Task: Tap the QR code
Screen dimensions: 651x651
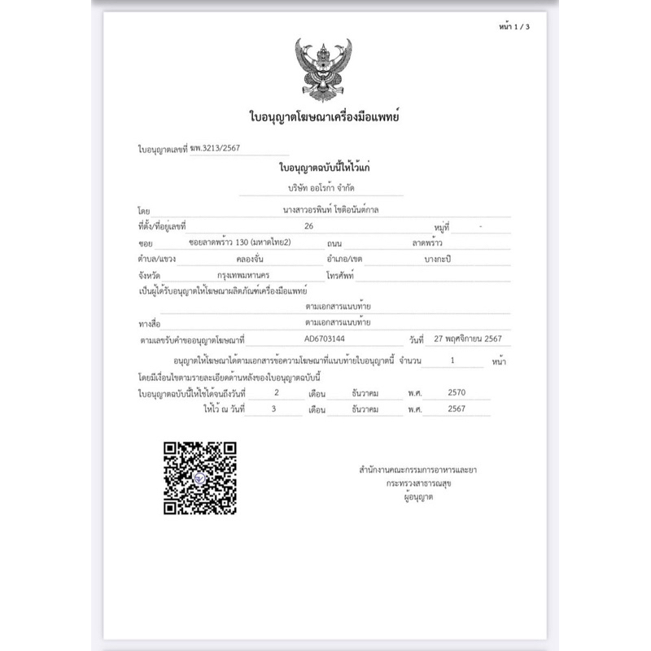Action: (200, 477)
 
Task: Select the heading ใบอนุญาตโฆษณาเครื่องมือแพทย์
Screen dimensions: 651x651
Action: (324, 119)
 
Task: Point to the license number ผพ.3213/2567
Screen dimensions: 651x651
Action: (215, 148)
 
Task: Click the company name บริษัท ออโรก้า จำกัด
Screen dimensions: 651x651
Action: (324, 187)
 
